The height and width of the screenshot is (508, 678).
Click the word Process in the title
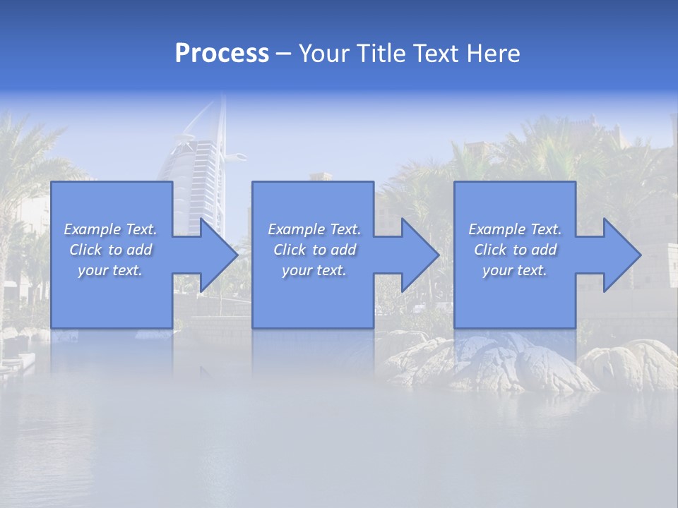222,54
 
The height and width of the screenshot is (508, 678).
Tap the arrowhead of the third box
621,255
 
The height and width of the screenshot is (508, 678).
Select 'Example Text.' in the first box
110,229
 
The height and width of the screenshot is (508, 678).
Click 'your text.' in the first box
110,270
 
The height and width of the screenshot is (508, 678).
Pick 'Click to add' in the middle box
314,250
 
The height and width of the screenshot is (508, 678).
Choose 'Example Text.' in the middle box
314,229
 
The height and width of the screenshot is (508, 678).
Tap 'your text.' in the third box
515,270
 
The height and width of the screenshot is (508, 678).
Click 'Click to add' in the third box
515,250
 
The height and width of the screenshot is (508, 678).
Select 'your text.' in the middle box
314,270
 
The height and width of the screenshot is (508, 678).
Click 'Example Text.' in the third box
515,229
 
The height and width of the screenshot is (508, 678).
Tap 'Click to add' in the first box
110,250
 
